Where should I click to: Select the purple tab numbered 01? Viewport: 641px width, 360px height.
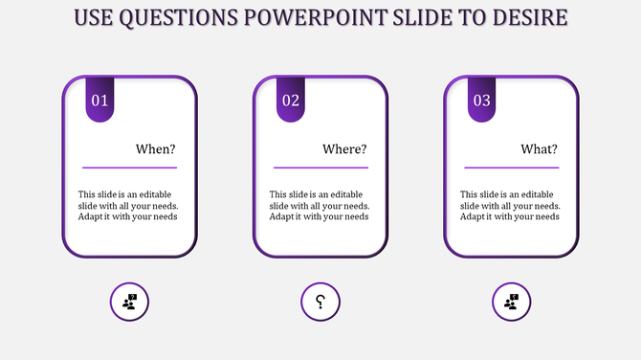coord(100,100)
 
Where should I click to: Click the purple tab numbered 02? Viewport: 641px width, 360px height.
coord(291,100)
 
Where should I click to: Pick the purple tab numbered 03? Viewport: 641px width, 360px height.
coord(482,100)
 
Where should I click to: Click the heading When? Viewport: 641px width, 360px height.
coord(156,149)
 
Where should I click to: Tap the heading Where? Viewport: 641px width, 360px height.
coord(344,149)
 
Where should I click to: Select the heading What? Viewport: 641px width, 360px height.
coord(539,149)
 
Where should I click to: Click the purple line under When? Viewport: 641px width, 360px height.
coord(129,168)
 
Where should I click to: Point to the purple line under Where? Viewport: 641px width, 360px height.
coord(320,168)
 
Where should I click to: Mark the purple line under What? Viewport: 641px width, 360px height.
coord(511,168)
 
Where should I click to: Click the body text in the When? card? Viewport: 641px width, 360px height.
coord(128,205)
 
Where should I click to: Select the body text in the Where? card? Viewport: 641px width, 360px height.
coord(319,205)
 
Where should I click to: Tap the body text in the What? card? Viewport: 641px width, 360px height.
coord(510,205)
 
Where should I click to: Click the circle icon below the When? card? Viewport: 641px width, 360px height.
coord(130,303)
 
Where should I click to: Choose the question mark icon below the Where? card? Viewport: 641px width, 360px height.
coord(320,303)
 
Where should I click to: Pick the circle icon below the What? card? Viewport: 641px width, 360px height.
coord(512,303)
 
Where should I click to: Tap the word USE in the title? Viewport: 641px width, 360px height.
coord(92,18)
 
